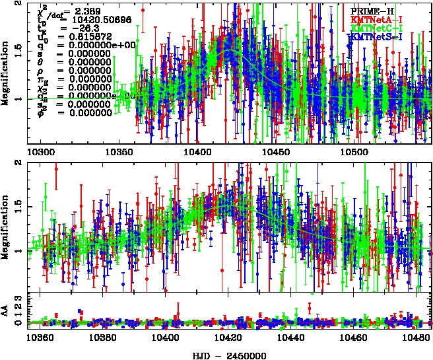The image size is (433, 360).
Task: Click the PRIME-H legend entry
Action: (374, 11)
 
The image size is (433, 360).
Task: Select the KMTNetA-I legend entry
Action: (376, 20)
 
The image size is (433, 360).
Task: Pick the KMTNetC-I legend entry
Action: (376, 29)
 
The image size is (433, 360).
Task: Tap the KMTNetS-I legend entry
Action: (376, 38)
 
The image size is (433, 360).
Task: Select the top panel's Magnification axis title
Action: (6, 73)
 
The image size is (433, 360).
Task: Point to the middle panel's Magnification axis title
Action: (6, 225)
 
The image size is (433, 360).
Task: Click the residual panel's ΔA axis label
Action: (6, 311)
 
